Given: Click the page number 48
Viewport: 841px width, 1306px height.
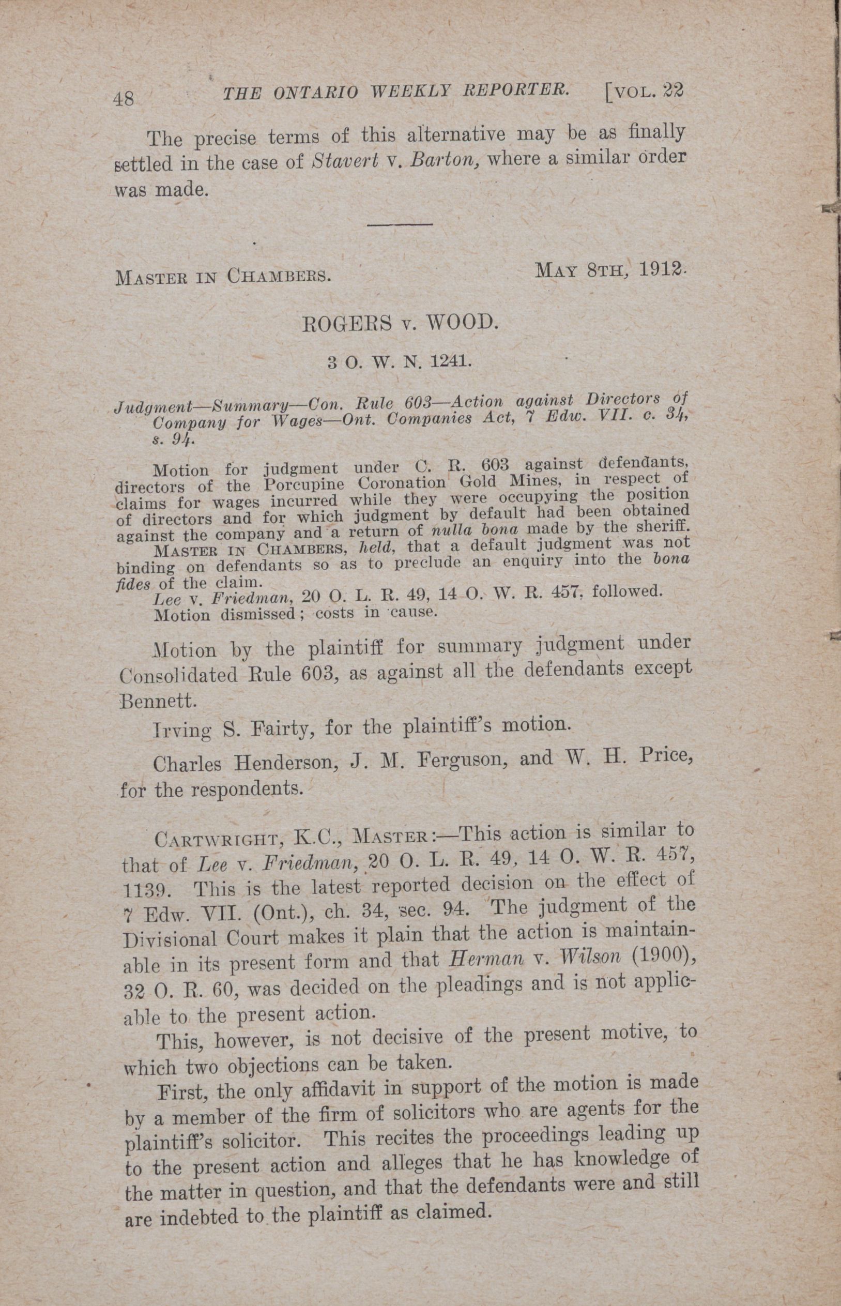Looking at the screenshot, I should pos(124,98).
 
